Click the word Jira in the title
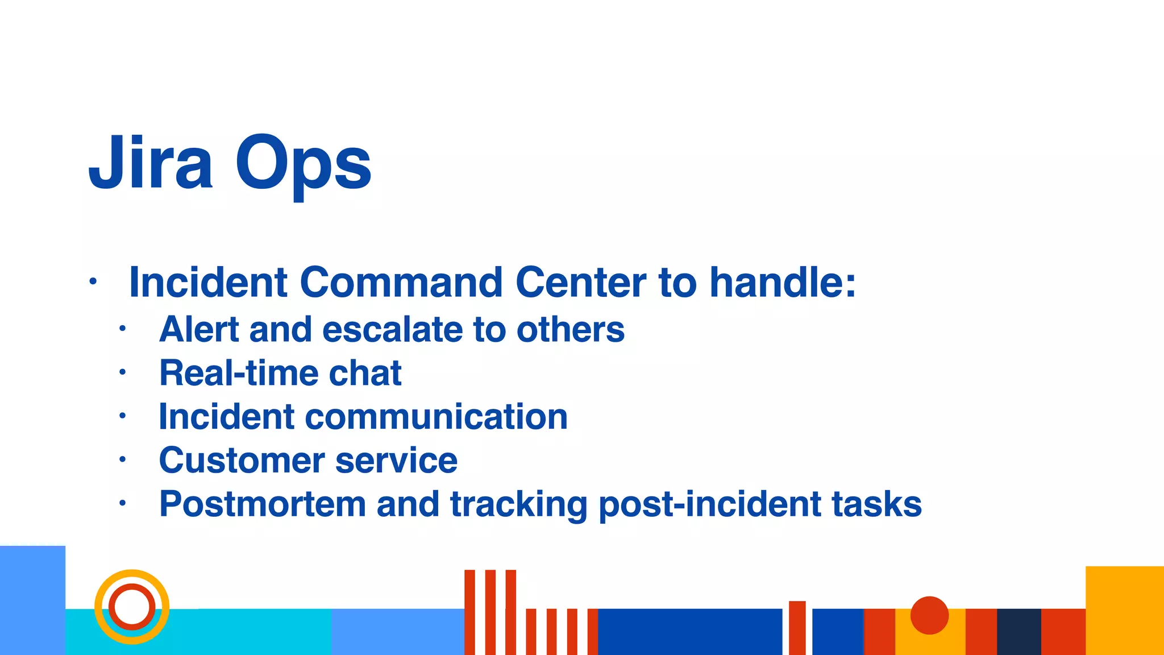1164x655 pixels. coord(151,164)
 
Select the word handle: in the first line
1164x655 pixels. coord(783,282)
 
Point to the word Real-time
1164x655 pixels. coord(238,374)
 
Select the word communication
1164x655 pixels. coord(436,417)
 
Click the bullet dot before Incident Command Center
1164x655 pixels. coord(93,282)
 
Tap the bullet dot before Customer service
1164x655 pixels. coord(122,459)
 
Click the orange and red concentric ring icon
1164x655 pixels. coord(132,607)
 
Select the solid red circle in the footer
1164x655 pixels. coord(929,615)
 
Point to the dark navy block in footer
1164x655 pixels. coord(1018,632)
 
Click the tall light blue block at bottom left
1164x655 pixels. coord(32,600)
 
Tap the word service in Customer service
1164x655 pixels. coord(396,461)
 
